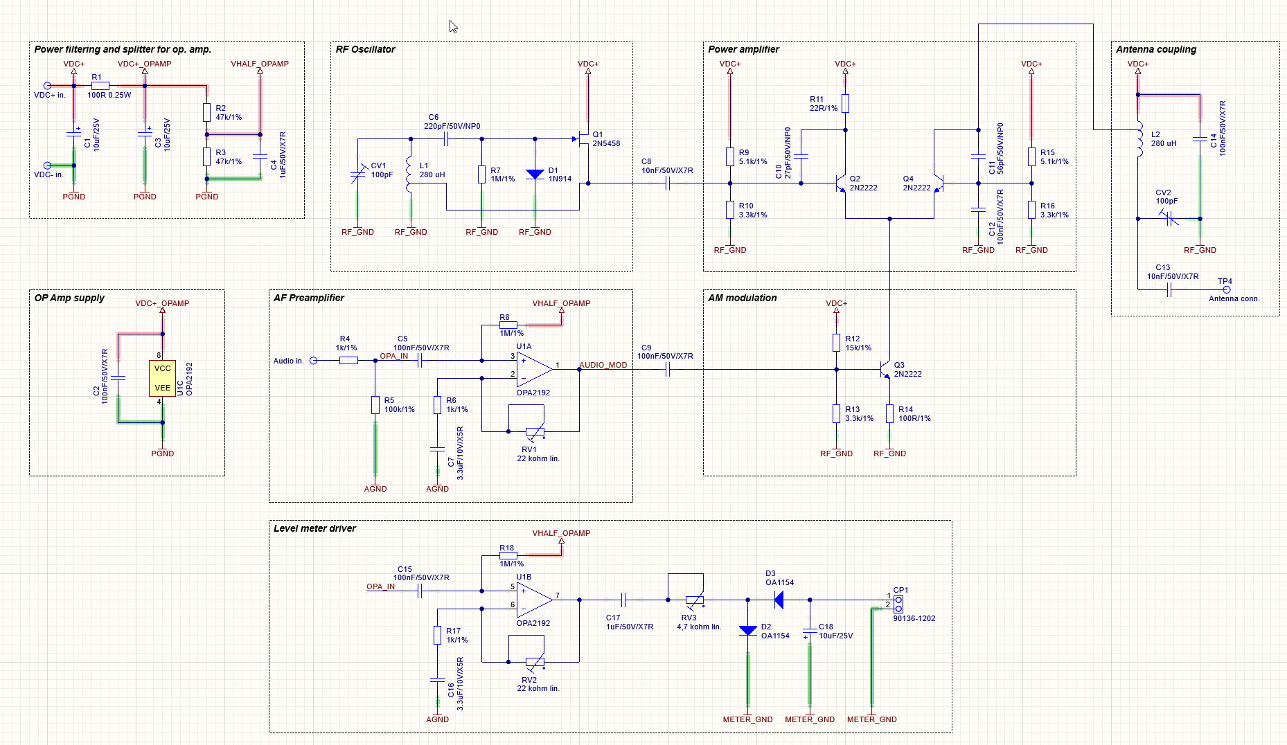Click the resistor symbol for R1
(x=100, y=86)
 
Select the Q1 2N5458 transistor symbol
(x=582, y=139)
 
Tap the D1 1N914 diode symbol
(x=535, y=174)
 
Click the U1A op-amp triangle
(x=535, y=369)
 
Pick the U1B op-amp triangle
(x=535, y=600)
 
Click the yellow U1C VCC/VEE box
(x=162, y=378)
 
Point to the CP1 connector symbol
(x=898, y=604)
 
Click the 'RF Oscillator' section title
(x=365, y=49)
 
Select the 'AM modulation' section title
(x=742, y=298)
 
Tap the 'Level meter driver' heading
(x=314, y=528)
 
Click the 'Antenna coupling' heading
(x=1156, y=49)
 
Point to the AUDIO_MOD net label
(x=603, y=365)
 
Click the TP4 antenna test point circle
(x=1226, y=289)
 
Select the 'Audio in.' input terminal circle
(x=313, y=361)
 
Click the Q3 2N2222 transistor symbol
(x=885, y=369)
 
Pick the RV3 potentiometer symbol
(x=694, y=600)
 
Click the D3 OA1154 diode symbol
(x=779, y=600)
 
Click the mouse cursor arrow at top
(x=453, y=27)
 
